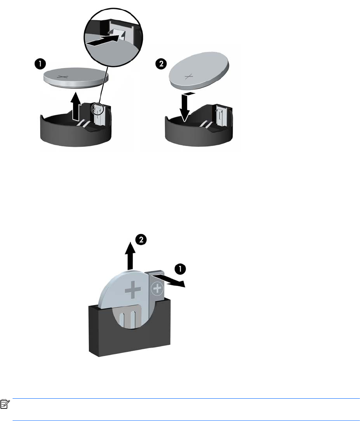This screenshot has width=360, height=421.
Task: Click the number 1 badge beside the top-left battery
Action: (40, 64)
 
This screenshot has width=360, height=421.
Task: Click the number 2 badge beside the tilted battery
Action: (161, 64)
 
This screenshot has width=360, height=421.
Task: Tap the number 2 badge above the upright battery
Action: (141, 239)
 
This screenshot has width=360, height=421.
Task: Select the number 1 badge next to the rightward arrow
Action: (180, 268)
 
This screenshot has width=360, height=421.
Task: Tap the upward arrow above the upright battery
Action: (130, 256)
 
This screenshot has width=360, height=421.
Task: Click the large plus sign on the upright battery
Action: (133, 289)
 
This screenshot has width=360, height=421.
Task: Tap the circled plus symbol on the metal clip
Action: (157, 289)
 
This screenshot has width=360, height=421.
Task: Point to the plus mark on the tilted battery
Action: (189, 77)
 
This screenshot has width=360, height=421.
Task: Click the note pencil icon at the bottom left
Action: (5, 404)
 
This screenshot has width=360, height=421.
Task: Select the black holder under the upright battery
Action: (129, 328)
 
